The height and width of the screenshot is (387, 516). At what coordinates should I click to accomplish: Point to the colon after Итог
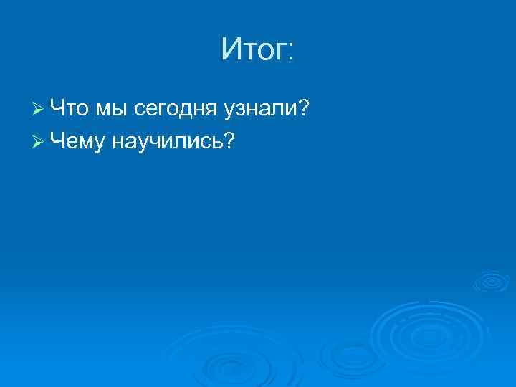coord(290,52)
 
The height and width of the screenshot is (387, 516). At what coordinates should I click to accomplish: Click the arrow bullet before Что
coord(39,109)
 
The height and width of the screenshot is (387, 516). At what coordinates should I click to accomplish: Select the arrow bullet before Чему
coord(39,143)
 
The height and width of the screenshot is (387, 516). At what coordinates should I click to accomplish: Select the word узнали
coord(259,110)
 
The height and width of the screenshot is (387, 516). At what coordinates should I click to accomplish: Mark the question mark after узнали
coord(303,108)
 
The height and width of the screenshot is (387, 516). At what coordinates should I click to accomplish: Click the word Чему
coord(79,142)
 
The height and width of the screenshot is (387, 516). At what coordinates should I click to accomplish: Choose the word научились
coord(167,142)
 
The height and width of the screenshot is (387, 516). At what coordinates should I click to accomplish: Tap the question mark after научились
coord(229,141)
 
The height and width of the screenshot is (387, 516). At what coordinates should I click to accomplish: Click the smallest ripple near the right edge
coord(491,281)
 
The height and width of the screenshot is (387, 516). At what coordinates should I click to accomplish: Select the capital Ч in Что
coord(58,108)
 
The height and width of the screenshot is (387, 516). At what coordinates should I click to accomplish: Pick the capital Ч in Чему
coord(58,141)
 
